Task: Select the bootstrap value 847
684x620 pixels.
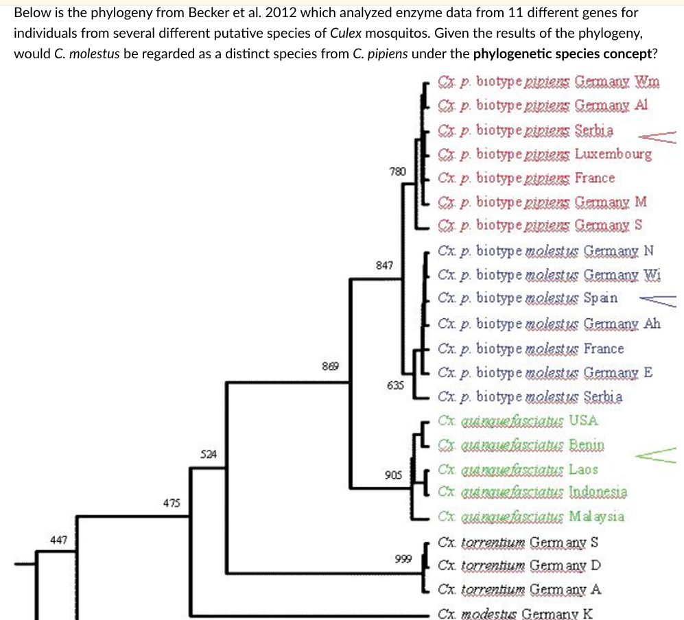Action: click(385, 265)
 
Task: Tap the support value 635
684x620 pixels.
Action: click(395, 385)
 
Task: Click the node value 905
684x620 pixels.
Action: click(394, 475)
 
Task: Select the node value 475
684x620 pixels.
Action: click(172, 503)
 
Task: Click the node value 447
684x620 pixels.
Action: click(60, 540)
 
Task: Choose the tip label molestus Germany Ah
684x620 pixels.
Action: click(549, 323)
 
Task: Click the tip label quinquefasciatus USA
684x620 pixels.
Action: click(518, 420)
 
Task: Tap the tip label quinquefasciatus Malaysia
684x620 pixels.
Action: click(531, 516)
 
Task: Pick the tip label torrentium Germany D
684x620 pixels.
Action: click(519, 566)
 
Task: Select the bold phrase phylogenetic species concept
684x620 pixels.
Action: click(562, 53)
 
